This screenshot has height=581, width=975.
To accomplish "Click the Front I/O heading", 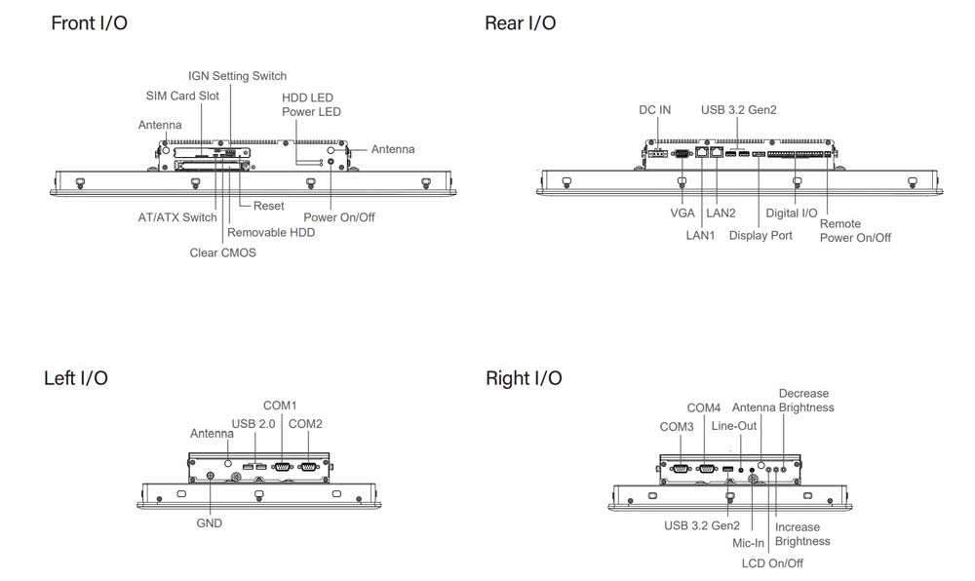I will point(89,23).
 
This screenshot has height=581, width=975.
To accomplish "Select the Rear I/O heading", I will point(521,23).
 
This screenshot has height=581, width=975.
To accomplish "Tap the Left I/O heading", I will point(76,378).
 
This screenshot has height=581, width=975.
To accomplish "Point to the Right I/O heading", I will point(524,378).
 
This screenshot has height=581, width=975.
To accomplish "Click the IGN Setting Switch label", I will point(237,76).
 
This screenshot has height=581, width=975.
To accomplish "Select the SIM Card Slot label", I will point(182,96).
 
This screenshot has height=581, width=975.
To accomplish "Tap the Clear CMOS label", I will point(222,252).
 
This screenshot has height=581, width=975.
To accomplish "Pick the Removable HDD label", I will point(271,233).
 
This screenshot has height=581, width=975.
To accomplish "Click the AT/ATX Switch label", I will point(177,217).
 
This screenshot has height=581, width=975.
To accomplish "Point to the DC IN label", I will point(654,110).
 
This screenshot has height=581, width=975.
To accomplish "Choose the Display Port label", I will point(760,236).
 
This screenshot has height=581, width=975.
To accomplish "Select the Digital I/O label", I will point(792,213).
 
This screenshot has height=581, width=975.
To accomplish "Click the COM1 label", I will point(280,406).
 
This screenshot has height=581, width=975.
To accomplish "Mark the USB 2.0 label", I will point(253,423).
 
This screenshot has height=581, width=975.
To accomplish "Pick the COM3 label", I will point(677,427).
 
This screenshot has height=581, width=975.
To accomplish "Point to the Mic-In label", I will point(748,543).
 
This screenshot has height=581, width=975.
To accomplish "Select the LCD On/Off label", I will point(773,563).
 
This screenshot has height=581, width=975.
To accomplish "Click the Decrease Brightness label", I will point(806,401).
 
